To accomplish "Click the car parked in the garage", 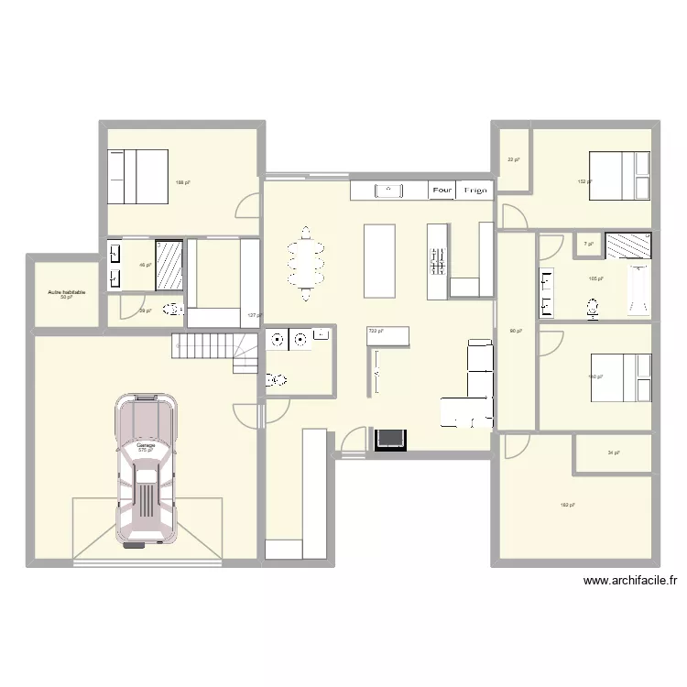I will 145,470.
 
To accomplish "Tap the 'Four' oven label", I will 442,191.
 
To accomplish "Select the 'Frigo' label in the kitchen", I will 474,191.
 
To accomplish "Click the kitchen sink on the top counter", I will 390,191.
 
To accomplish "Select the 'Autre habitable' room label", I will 66,292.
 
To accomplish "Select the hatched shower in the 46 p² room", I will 169,265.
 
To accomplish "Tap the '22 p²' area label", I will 513,160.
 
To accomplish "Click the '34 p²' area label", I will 613,453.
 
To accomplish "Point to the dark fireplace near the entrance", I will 389,440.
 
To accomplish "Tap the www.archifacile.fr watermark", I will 630,580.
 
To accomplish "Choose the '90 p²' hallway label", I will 515,331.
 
